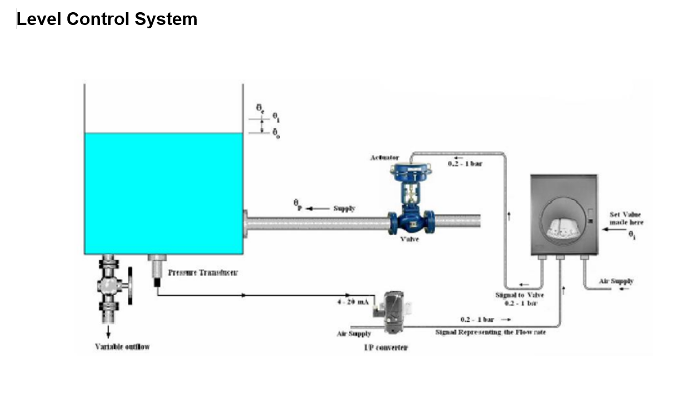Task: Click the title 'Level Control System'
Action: pyautogui.click(x=107, y=19)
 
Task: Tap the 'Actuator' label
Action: pyautogui.click(x=384, y=158)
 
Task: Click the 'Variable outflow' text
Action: pyautogui.click(x=122, y=347)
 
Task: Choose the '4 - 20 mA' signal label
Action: pyautogui.click(x=353, y=302)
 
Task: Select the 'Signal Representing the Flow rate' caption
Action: pyautogui.click(x=490, y=332)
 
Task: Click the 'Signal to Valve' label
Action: pyautogui.click(x=519, y=295)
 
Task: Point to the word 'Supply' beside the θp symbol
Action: pyautogui.click(x=344, y=209)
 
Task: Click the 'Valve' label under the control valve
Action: pyautogui.click(x=410, y=239)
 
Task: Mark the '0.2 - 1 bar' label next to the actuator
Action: pyautogui.click(x=465, y=164)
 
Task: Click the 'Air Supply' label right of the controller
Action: pyautogui.click(x=615, y=281)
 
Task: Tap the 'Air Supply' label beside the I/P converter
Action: pyautogui.click(x=354, y=333)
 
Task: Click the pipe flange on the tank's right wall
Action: pyautogui.click(x=245, y=224)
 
